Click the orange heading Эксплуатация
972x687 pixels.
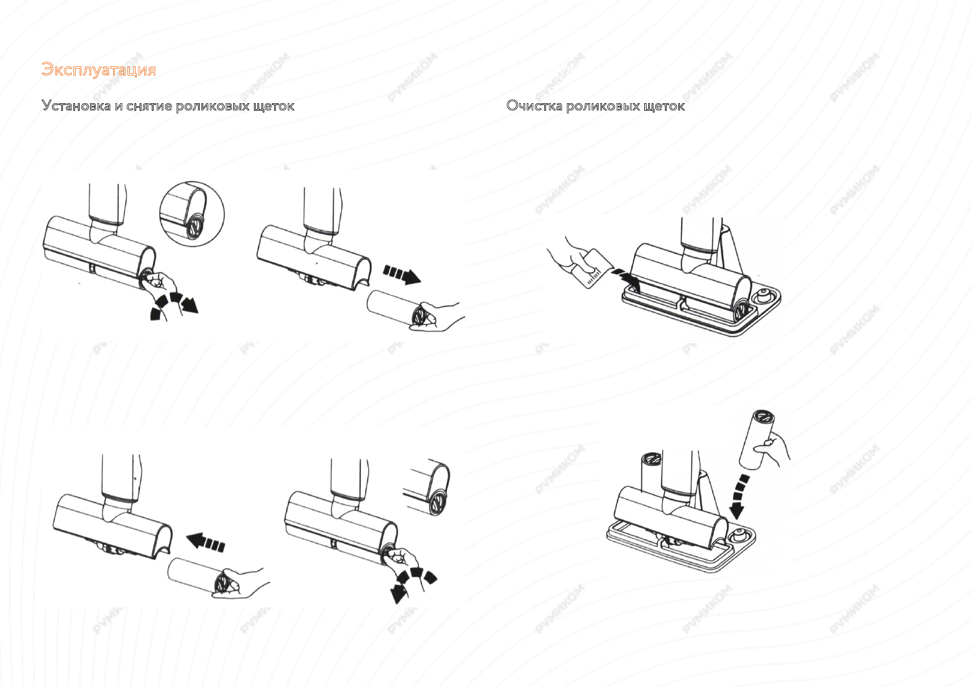[x=99, y=70]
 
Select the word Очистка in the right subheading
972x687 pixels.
[x=534, y=106]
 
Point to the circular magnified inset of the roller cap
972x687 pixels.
[x=192, y=214]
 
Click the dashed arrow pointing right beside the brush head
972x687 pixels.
[x=402, y=273]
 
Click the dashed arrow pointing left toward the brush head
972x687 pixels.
[x=206, y=542]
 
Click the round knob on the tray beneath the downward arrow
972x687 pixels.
[x=737, y=535]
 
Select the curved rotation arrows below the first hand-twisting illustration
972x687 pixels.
[x=173, y=305]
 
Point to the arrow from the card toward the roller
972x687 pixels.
[x=626, y=277]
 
